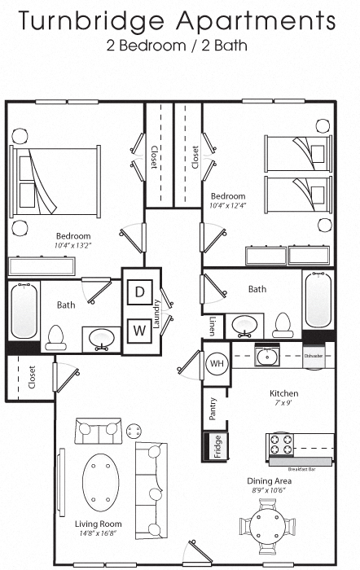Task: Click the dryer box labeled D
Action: tap(139, 292)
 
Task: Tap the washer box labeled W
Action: tap(139, 331)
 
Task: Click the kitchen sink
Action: tap(268, 356)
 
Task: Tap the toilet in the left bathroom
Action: tap(57, 335)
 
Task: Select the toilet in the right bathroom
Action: tap(283, 325)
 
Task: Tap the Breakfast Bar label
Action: tap(302, 470)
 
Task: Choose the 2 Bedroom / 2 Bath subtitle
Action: tap(177, 46)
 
